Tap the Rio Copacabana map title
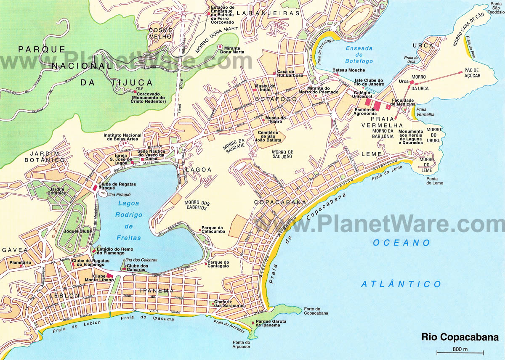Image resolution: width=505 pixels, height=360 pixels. (460, 337)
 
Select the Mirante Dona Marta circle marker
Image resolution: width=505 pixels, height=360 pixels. (220, 47)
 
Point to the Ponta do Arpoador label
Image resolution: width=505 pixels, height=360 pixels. (241, 345)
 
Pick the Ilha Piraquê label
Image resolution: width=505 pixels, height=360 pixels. (120, 194)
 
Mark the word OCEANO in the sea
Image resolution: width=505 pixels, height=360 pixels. (401, 243)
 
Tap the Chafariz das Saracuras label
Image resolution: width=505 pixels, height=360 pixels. (229, 304)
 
